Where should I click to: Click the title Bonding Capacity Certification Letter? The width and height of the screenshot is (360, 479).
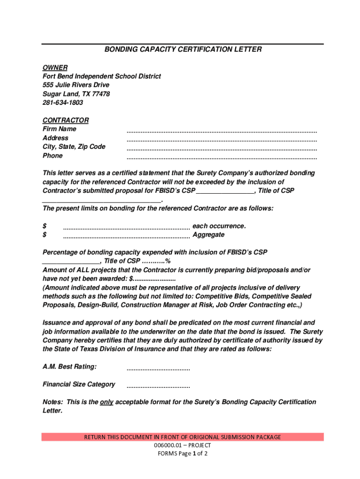pyautogui.click(x=183, y=49)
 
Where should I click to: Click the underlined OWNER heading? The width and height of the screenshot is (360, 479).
pyautogui.click(x=55, y=67)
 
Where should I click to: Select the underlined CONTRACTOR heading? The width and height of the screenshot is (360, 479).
pyautogui.click(x=65, y=120)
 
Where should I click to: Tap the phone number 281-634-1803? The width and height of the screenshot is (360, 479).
pyautogui.click(x=63, y=102)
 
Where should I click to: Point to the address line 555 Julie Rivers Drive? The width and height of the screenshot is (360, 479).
pyautogui.click(x=76, y=85)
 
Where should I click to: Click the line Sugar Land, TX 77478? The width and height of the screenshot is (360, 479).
pyautogui.click(x=76, y=94)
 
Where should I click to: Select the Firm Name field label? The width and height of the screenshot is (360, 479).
pyautogui.click(x=59, y=129)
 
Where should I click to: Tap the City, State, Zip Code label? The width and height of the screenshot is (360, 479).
pyautogui.click(x=74, y=147)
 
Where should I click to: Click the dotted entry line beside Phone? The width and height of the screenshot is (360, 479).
pyautogui.click(x=222, y=157)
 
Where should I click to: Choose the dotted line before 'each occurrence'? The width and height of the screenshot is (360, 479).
pyautogui.click(x=126, y=228)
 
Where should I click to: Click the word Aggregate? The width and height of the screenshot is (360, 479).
pyautogui.click(x=209, y=235)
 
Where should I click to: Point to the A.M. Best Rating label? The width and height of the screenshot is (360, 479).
pyautogui.click(x=70, y=367)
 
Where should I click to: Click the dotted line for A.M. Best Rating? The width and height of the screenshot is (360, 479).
pyautogui.click(x=158, y=369)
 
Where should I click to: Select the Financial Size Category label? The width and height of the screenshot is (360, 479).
pyautogui.click(x=79, y=385)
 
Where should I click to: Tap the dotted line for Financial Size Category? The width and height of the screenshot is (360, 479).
pyautogui.click(x=158, y=387)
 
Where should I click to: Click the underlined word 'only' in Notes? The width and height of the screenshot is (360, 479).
pyautogui.click(x=107, y=402)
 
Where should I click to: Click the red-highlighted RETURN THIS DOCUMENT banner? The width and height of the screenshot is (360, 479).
pyautogui.click(x=182, y=437)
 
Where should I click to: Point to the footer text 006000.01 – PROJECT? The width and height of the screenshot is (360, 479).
pyautogui.click(x=182, y=445)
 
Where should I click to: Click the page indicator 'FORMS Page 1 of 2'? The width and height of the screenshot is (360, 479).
pyautogui.click(x=182, y=454)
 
